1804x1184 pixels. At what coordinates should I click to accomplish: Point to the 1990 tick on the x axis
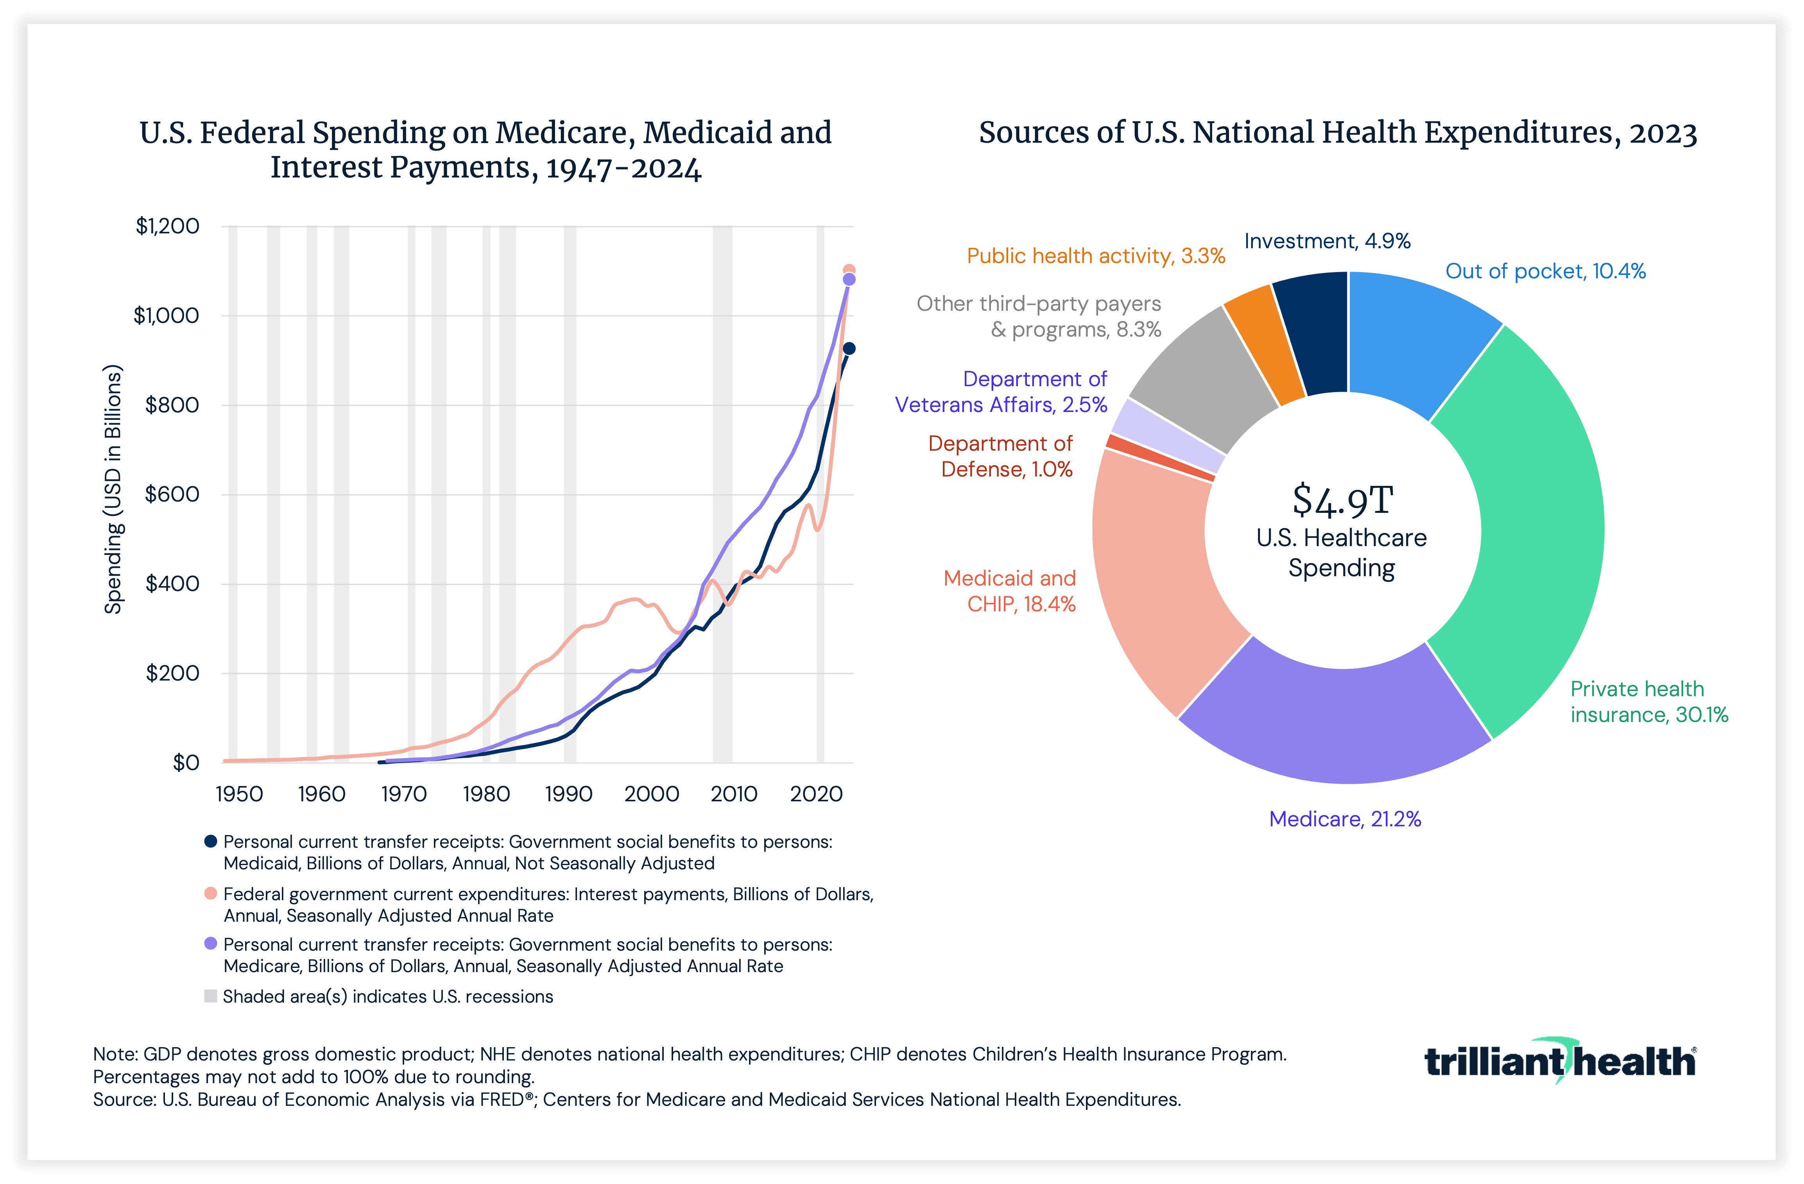click(x=568, y=794)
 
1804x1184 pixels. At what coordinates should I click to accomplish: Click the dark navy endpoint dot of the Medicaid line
click(x=849, y=349)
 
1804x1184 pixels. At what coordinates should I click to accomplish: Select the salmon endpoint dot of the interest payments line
click(x=849, y=270)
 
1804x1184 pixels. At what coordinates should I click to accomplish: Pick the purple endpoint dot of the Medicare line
click(x=849, y=280)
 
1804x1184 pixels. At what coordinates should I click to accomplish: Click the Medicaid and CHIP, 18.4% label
click(x=1010, y=591)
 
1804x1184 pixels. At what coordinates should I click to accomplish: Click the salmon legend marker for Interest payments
click(x=211, y=894)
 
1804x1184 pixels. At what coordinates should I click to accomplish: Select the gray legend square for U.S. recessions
click(x=211, y=996)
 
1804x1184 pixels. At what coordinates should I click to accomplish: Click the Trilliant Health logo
click(x=1560, y=1061)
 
